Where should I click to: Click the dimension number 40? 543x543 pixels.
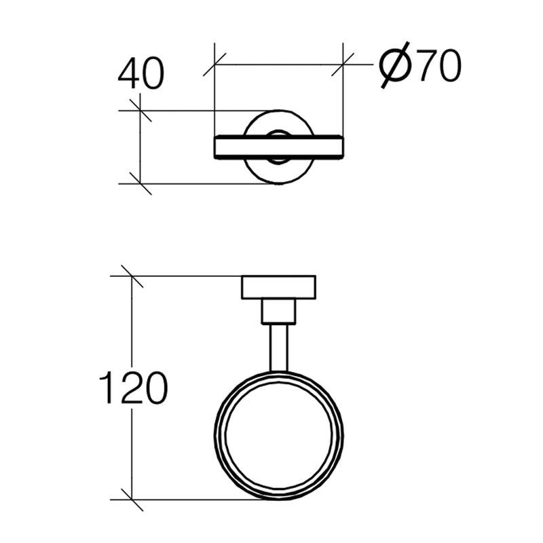point(141,74)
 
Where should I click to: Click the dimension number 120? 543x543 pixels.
point(133,388)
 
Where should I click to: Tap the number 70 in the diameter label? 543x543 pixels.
point(438,67)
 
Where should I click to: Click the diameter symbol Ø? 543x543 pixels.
point(394,66)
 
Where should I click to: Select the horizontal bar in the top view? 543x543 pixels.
point(278,147)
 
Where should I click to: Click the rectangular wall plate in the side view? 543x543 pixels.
point(279,288)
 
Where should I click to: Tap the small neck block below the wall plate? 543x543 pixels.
point(279,312)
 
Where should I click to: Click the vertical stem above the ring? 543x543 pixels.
point(279,347)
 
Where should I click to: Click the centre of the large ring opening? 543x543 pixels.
point(279,435)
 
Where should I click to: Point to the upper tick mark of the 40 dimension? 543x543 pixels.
point(140,110)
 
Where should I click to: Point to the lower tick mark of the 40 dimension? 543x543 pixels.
point(140,183)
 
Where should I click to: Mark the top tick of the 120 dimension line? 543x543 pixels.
point(131,276)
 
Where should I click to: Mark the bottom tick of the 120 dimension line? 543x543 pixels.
point(131,500)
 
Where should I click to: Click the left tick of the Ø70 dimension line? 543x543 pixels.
point(214,65)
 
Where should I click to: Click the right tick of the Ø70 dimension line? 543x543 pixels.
point(343,65)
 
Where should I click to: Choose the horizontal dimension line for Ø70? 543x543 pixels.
point(278,65)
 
